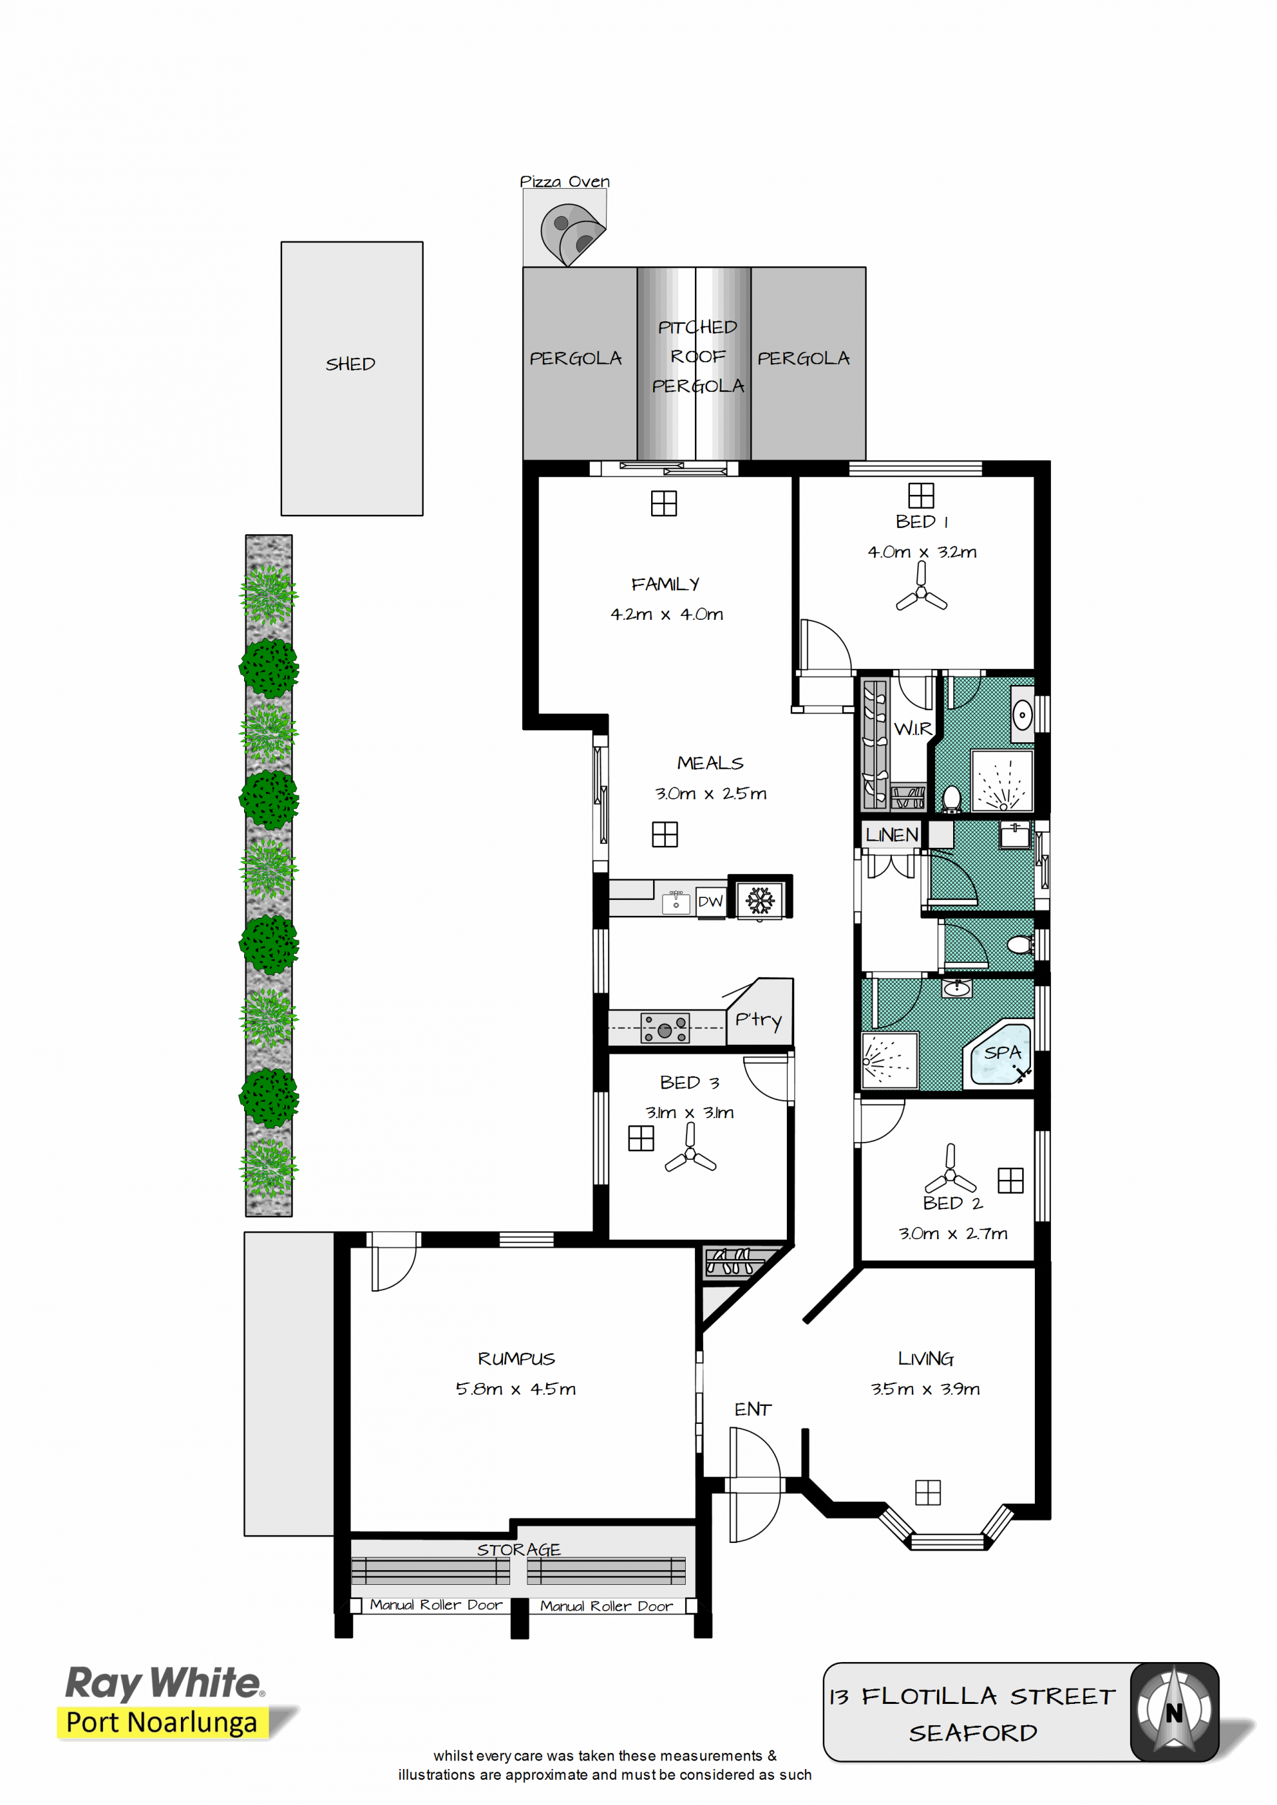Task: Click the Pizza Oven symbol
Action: [572, 234]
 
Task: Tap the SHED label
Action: [351, 364]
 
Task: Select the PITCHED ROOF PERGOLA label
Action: [698, 356]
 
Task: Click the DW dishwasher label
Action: [710, 902]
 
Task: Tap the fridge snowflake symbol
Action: [760, 900]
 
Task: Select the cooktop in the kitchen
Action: [665, 1028]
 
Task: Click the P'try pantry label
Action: [758, 1020]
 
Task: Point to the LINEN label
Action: [892, 835]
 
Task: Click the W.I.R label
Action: [913, 729]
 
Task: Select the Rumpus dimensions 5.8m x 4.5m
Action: [516, 1389]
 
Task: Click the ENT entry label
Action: [752, 1409]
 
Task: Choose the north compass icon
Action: [1174, 1713]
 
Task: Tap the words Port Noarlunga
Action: [162, 1723]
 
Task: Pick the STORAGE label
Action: [519, 1550]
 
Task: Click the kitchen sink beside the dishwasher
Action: [676, 902]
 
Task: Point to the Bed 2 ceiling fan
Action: [950, 1169]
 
